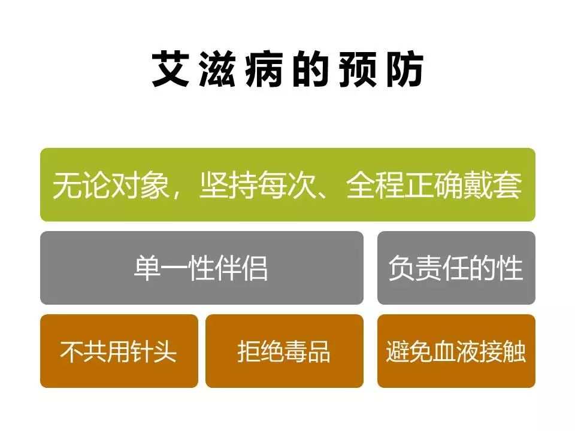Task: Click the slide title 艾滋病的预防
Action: tap(287, 69)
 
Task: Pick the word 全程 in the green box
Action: tap(375, 186)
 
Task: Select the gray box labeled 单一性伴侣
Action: tap(201, 268)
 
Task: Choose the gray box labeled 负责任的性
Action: tap(456, 268)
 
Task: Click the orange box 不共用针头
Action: tap(119, 351)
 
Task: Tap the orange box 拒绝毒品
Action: tap(284, 351)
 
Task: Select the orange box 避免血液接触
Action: tap(456, 351)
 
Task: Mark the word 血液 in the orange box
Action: tap(456, 351)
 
